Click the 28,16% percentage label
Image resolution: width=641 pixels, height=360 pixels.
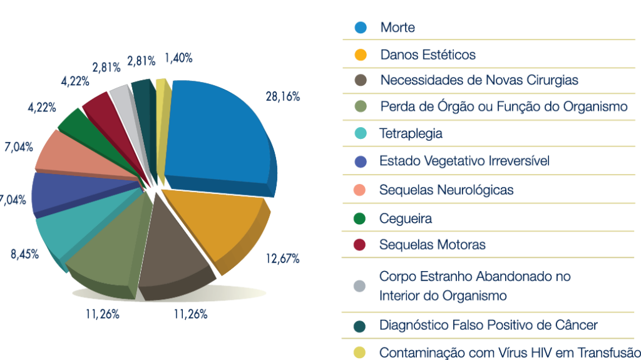click(282, 97)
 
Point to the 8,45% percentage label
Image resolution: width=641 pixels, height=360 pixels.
click(24, 254)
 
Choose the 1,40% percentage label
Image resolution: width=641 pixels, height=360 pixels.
click(178, 58)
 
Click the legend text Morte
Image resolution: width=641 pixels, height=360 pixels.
click(397, 28)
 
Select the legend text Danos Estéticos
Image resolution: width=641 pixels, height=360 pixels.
click(428, 54)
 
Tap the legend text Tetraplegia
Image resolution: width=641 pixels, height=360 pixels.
click(411, 133)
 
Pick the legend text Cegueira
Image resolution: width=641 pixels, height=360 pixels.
click(405, 219)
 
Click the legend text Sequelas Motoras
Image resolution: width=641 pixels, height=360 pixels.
click(432, 245)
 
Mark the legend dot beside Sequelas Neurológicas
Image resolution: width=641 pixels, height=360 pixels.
click(360, 190)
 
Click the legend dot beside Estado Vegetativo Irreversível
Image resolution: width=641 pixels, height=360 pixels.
click(360, 162)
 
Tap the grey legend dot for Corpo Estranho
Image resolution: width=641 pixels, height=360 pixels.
click(360, 285)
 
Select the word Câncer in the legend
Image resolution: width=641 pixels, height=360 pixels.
click(577, 325)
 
